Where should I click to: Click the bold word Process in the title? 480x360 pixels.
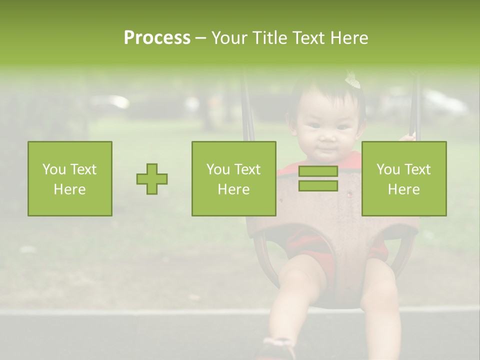[157, 38]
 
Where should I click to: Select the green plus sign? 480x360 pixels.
[152, 178]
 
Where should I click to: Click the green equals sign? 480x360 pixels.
[318, 178]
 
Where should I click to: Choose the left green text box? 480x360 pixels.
[70, 178]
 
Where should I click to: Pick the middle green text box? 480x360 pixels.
[233, 178]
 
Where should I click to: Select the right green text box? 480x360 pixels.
[404, 178]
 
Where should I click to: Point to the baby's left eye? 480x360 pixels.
[343, 126]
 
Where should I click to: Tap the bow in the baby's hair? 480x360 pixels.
[353, 79]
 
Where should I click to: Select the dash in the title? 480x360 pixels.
[200, 38]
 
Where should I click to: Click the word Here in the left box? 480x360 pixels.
[70, 189]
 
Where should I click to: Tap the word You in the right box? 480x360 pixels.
[387, 169]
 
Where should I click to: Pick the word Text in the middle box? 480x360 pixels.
[247, 169]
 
